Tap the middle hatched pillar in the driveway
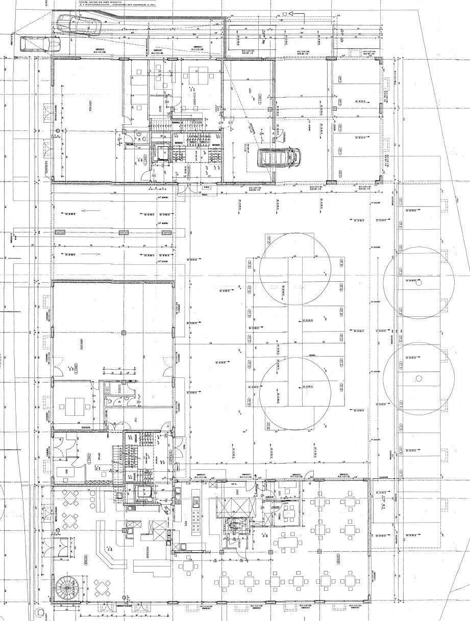122,233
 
